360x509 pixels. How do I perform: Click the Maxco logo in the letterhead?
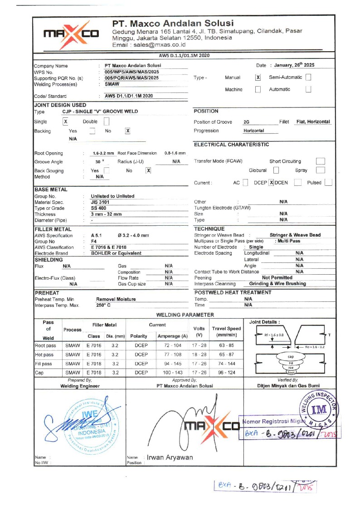[x=70, y=34]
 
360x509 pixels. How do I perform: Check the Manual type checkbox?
[x=258, y=78]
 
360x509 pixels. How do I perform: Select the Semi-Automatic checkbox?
[x=308, y=78]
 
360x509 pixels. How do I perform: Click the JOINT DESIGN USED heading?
[x=60, y=105]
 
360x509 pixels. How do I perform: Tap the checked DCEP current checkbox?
[x=271, y=183]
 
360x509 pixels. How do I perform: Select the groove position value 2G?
[x=246, y=122]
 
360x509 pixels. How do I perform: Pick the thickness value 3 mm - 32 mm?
[x=106, y=214]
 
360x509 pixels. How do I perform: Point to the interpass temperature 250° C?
[x=103, y=305]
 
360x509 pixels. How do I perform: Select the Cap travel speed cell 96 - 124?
[x=226, y=373]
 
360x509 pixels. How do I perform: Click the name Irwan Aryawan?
[x=169, y=457]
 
